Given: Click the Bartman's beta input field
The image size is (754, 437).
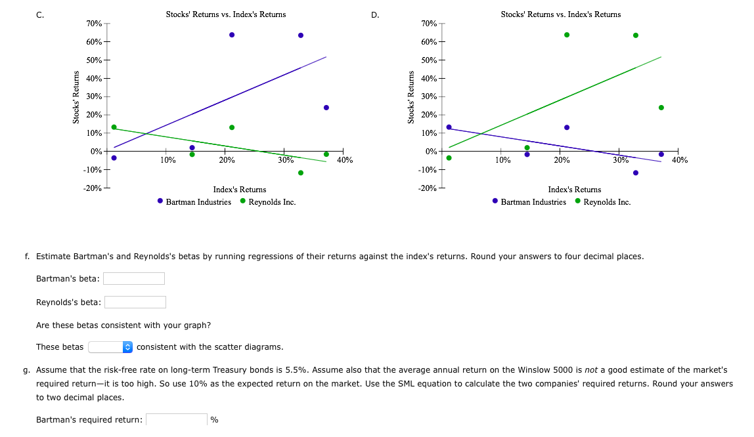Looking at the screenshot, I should click(x=134, y=279).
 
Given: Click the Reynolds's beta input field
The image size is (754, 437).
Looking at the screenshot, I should click(x=135, y=302).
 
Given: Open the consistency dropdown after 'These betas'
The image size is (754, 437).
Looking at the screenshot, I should click(x=111, y=346).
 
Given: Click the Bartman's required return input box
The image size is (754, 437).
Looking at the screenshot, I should click(x=177, y=419).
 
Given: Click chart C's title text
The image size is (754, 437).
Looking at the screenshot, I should click(x=226, y=14).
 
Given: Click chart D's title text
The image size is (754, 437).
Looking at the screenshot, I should click(x=560, y=14).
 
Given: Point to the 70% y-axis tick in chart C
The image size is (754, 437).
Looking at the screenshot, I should click(x=94, y=24).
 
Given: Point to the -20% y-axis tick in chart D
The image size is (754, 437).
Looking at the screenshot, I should click(x=428, y=188).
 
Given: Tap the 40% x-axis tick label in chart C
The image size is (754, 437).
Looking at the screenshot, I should click(x=344, y=159).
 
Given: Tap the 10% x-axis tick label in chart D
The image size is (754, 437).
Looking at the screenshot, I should click(x=502, y=159).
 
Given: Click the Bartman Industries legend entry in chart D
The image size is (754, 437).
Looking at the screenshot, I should click(x=533, y=201).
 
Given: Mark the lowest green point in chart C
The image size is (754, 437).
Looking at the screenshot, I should click(x=301, y=173).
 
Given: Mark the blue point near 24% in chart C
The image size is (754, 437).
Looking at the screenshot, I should click(x=326, y=108).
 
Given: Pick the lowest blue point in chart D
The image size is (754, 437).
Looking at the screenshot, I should click(x=635, y=173).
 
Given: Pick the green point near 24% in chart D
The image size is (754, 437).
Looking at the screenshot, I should click(x=661, y=108).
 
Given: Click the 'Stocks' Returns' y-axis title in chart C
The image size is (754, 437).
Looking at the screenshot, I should click(x=77, y=97).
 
